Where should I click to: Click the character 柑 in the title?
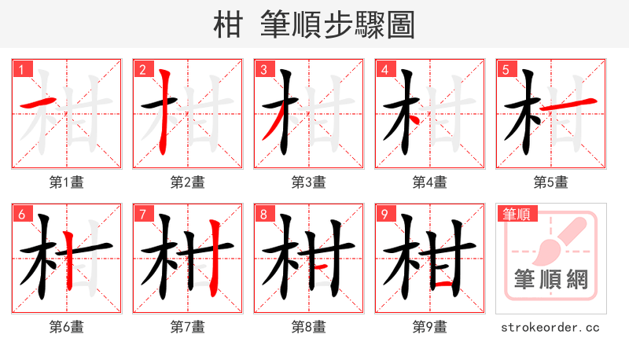pos(229,26)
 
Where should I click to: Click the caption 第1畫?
pos(67,182)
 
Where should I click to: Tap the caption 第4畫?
pos(429,182)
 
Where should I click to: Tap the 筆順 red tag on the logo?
pos(517,214)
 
